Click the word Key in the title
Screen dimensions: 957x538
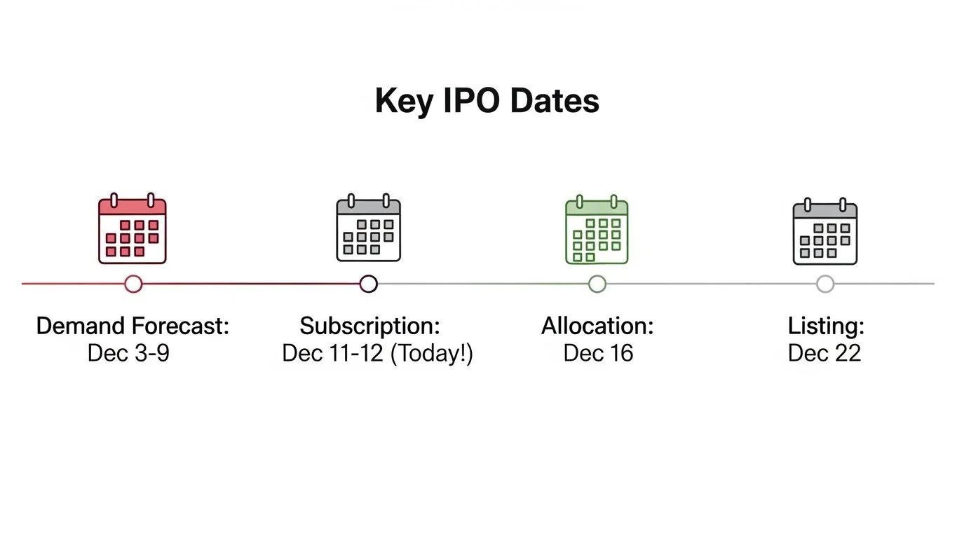point(404,101)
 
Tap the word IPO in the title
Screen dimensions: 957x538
point(472,100)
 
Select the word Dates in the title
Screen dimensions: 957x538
point(555,100)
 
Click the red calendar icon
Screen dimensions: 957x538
point(133,228)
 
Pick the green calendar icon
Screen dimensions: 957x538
point(597,230)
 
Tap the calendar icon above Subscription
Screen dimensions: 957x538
point(368,228)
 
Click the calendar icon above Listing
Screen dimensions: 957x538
point(825,231)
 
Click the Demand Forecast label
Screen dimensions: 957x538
point(133,326)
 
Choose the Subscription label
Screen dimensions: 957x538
point(370,326)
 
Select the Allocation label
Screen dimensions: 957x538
point(598,326)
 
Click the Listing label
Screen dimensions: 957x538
point(827,326)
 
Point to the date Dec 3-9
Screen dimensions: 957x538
point(128,353)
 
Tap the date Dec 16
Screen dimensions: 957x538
point(598,353)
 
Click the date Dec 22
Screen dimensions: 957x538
point(824,353)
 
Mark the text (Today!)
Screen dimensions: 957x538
point(432,354)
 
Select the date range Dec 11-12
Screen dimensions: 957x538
point(333,353)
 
